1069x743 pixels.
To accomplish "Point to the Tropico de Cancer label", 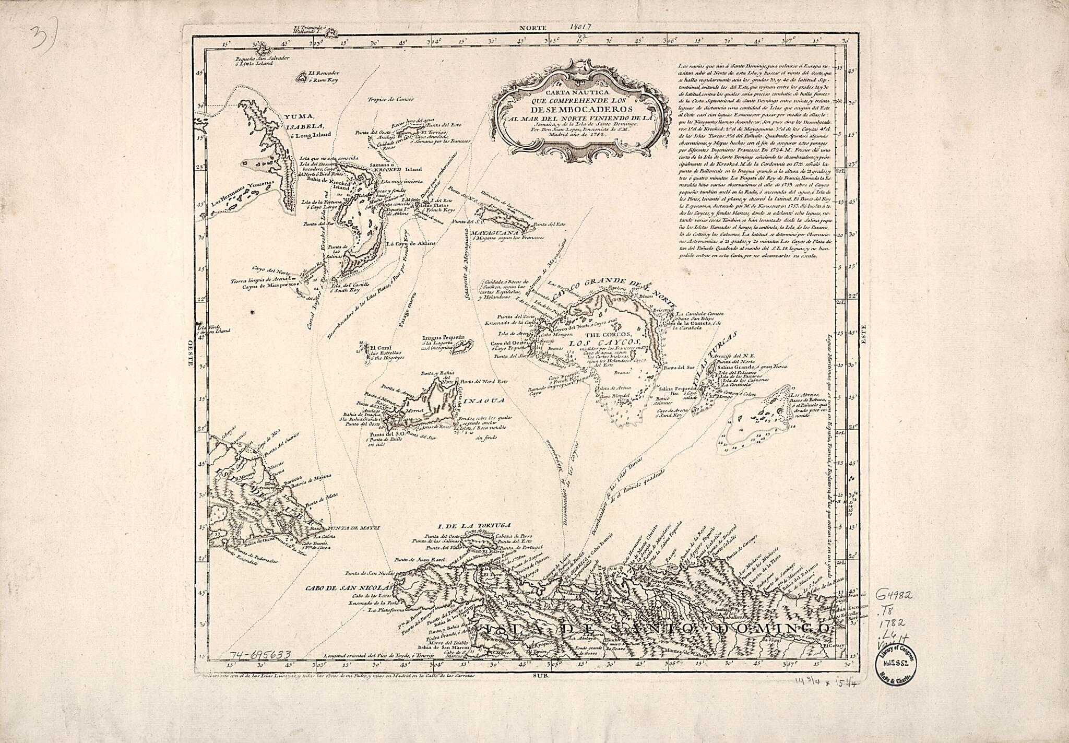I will click(x=389, y=99).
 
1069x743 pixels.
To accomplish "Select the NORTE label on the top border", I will click(x=532, y=27).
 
